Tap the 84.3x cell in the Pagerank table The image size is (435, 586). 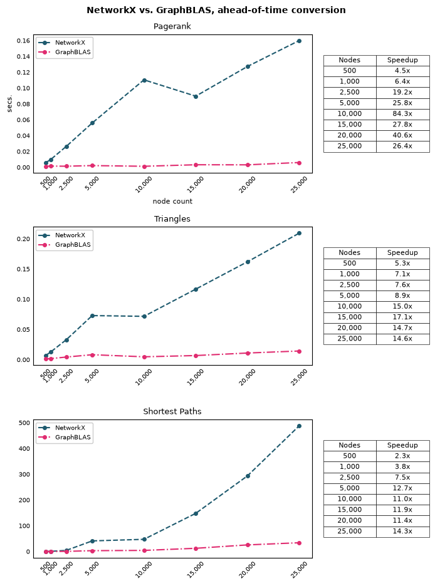pos(402,113)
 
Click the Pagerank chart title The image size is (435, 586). pos(172,26)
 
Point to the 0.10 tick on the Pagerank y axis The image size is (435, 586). pos(23,88)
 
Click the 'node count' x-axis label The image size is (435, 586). pos(172,201)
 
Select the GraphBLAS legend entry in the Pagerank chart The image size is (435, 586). pos(65,52)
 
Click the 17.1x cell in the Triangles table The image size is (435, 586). pos(402,317)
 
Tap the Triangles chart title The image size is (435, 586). pos(172,218)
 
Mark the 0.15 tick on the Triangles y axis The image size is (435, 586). pos(23,269)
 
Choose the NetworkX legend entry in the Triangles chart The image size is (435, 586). pos(62,235)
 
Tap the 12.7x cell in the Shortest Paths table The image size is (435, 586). pos(402,488)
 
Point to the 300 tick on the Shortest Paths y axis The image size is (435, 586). pos(24,475)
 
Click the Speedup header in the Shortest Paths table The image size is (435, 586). pos(402,445)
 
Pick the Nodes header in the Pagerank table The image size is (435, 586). pos(349,60)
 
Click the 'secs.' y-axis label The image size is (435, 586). pos(10,103)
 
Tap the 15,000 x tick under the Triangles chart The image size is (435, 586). pos(195,378)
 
